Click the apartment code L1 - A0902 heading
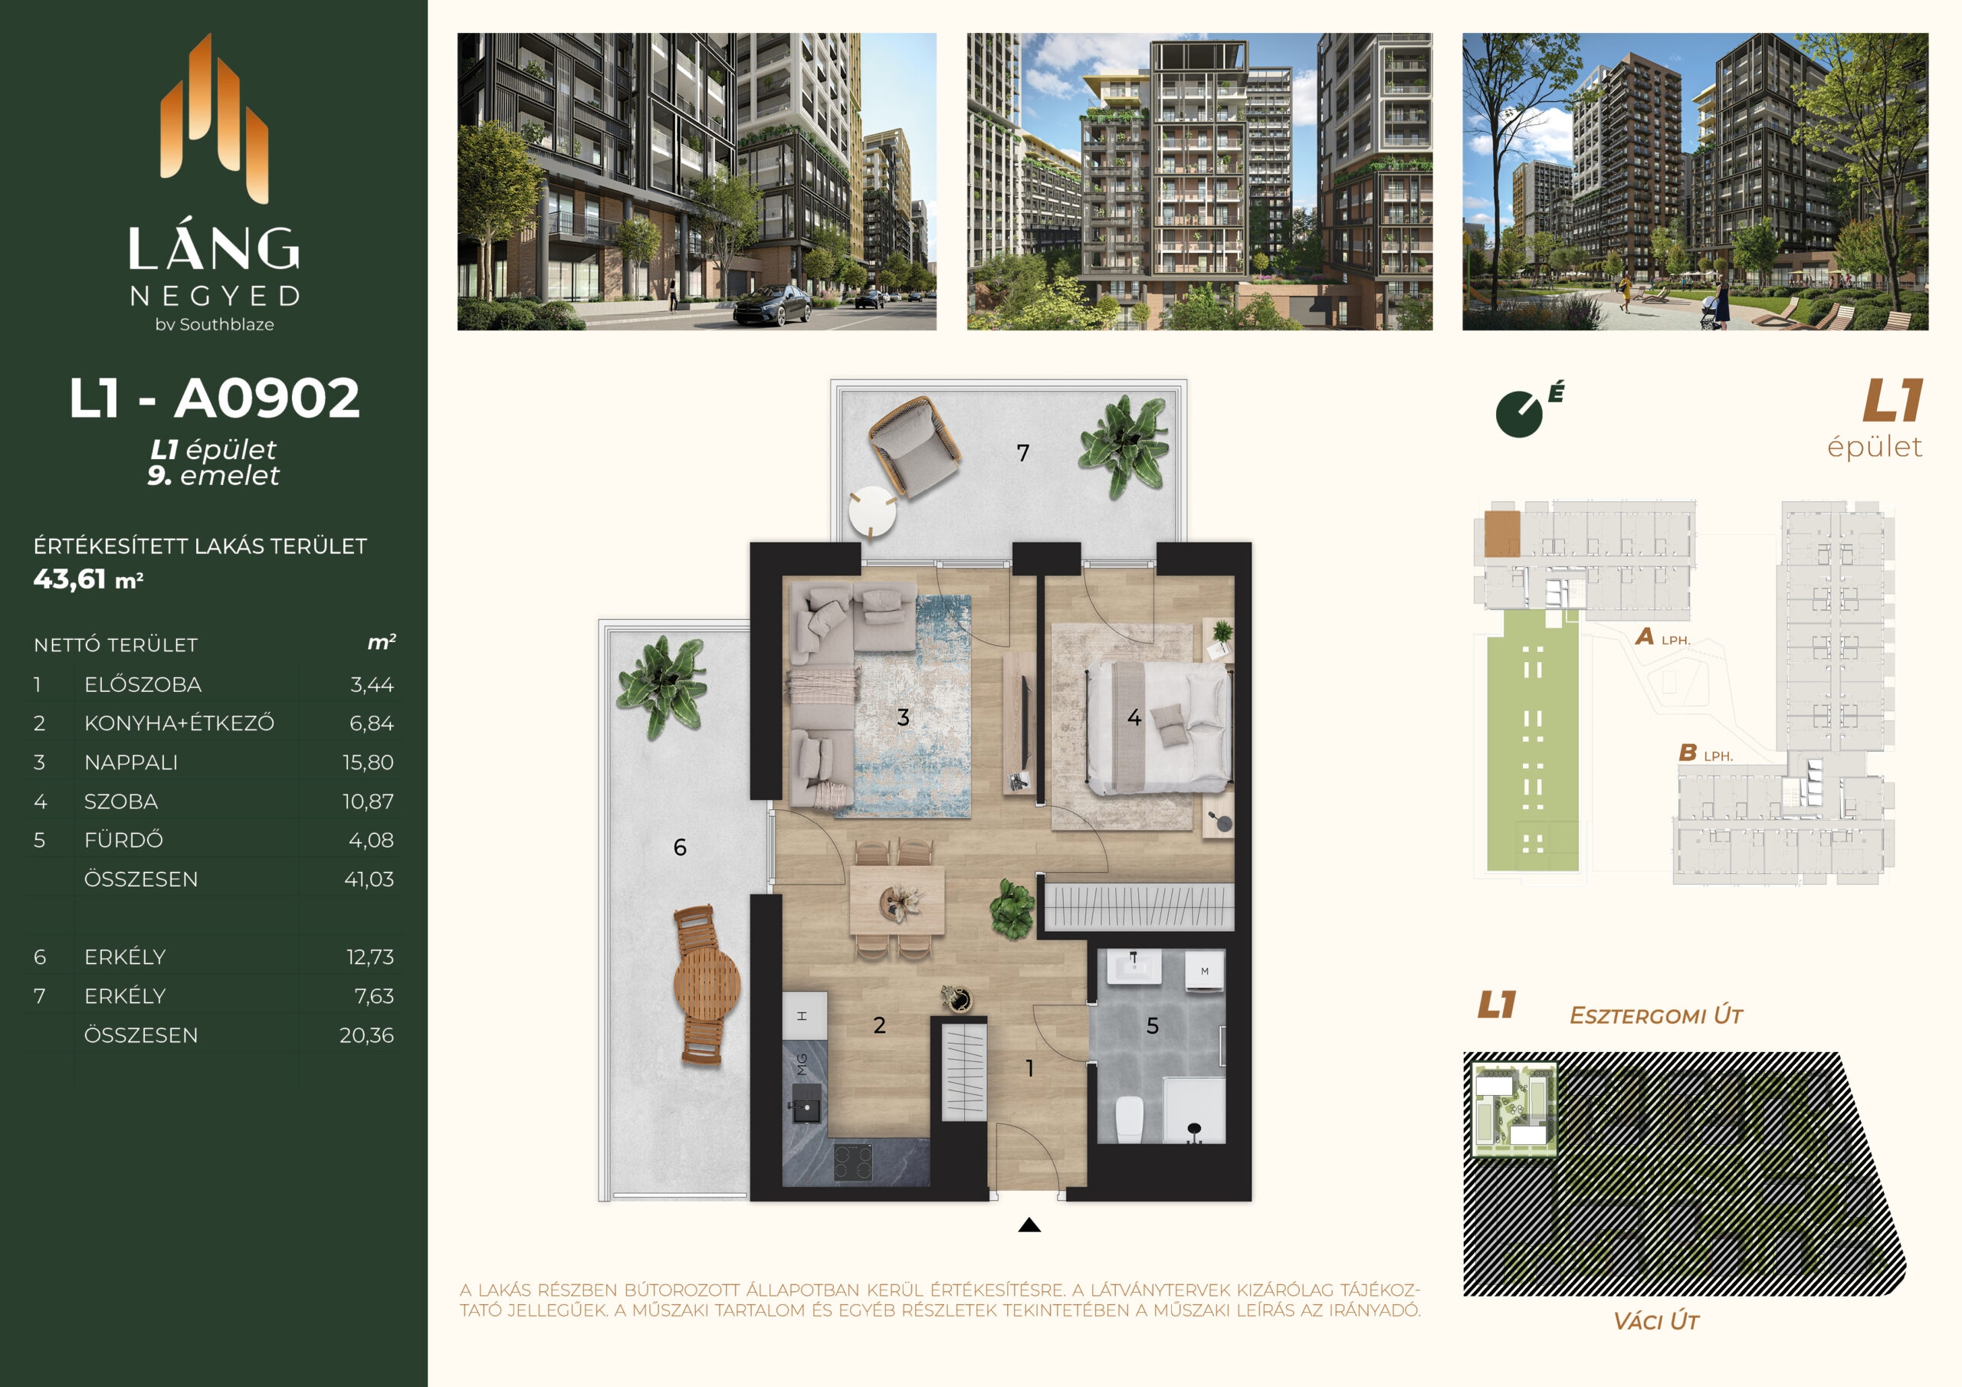(215, 398)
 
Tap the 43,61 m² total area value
(88, 579)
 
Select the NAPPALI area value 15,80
(369, 762)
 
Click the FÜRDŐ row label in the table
(124, 840)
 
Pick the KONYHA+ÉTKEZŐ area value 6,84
(372, 723)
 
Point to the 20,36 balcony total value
(366, 1035)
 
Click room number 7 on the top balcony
(1023, 453)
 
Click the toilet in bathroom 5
(1130, 1119)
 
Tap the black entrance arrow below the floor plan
(1030, 1225)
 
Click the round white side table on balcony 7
(872, 511)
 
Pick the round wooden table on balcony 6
(707, 984)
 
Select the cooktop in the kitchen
(853, 1162)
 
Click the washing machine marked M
(1205, 971)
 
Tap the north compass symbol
(1521, 414)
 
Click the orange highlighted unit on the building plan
(1501, 534)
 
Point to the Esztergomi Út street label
(1655, 1015)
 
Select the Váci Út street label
(1655, 1321)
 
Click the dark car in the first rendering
(772, 305)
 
